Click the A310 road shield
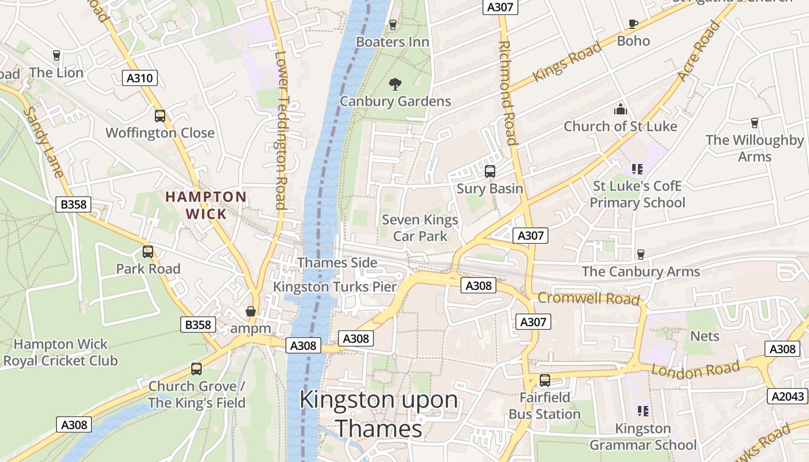140,78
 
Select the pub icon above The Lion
57,55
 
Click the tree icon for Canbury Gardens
395,84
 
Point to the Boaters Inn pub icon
393,25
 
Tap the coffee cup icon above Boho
633,24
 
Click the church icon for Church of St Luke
620,109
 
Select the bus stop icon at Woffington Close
160,116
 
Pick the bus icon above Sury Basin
490,172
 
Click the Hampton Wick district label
206,205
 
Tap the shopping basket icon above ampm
251,311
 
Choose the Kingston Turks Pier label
335,287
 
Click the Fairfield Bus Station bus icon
544,381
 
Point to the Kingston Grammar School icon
643,411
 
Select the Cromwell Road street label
588,299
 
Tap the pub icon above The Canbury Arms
640,255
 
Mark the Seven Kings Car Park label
420,228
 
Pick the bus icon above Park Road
148,252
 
